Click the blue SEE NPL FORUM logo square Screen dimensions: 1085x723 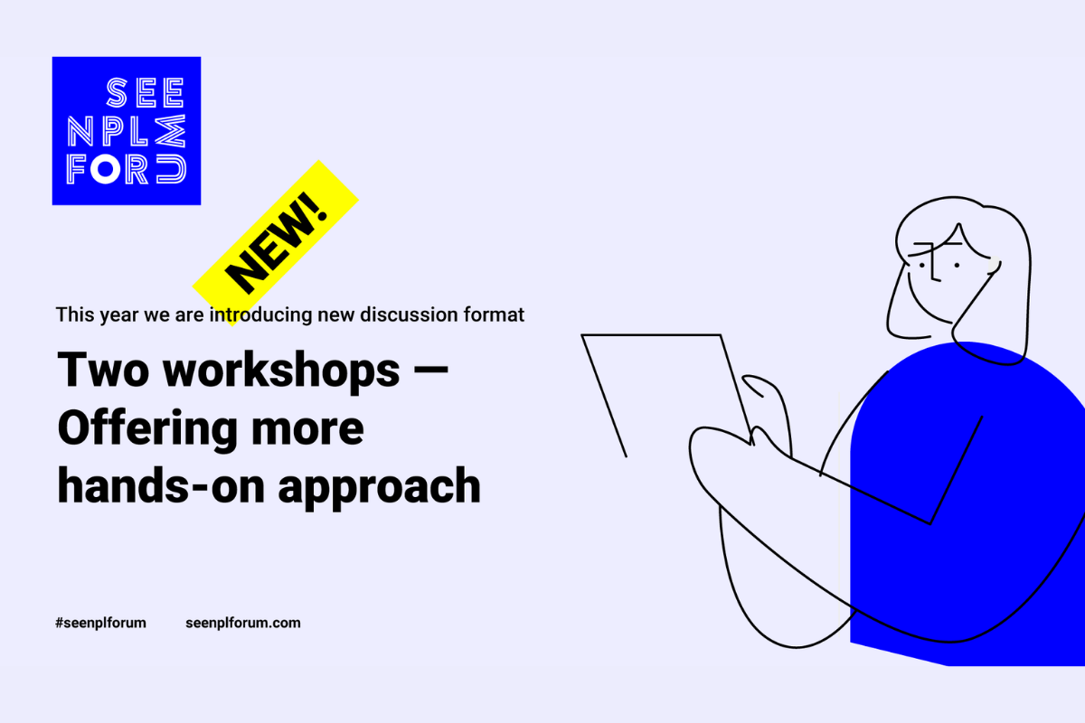pyautogui.click(x=127, y=131)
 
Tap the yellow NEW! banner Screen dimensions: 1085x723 pyautogui.click(x=276, y=243)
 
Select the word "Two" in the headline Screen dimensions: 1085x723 pyautogui.click(x=103, y=369)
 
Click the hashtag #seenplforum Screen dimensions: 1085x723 pyautogui.click(x=100, y=623)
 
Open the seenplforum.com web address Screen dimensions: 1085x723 pyautogui.click(x=243, y=623)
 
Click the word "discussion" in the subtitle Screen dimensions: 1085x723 pyautogui.click(x=409, y=315)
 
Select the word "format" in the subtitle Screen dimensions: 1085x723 pyautogui.click(x=494, y=315)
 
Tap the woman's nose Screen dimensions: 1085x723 pyautogui.click(x=934, y=264)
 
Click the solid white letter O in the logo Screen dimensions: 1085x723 pyautogui.click(x=105, y=169)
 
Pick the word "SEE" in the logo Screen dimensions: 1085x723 pyautogui.click(x=146, y=92)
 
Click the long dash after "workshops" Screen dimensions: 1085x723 pyautogui.click(x=429, y=371)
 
